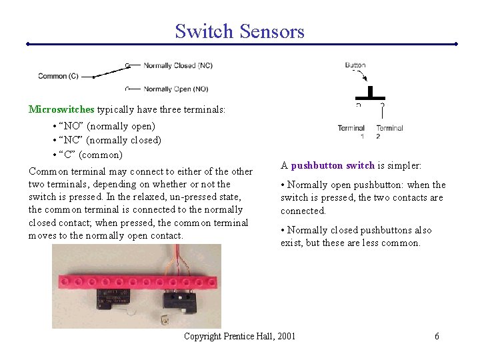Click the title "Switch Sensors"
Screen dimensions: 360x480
click(239, 31)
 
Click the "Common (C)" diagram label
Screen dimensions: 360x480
click(58, 76)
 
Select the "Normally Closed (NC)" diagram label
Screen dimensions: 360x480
click(178, 65)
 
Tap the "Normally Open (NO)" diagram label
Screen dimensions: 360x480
click(176, 89)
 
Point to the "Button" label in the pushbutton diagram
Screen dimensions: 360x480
click(355, 65)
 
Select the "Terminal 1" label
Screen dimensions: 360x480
click(351, 131)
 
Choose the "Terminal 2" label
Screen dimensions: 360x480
click(389, 131)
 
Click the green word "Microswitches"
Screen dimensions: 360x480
click(62, 109)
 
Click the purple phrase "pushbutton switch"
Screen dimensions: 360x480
click(333, 165)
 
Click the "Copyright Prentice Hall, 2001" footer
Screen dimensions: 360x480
click(239, 336)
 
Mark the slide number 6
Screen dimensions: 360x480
click(437, 336)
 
